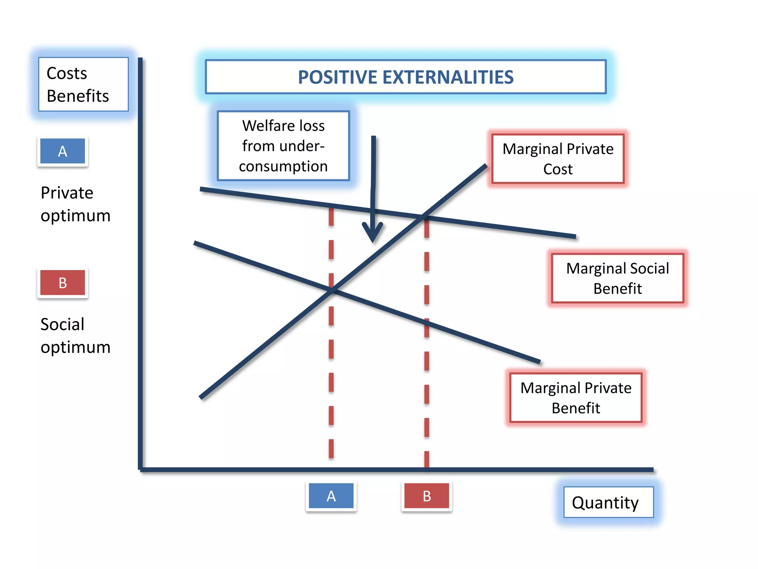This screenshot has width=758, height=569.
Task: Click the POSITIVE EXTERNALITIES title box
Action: point(406,77)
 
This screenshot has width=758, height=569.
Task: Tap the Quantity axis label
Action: point(608,502)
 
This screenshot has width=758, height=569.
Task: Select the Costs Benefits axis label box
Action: point(83,84)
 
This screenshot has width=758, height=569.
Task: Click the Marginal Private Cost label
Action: point(558,159)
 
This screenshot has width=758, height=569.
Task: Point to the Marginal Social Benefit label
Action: point(617,278)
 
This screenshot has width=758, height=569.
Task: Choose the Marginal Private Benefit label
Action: point(576,397)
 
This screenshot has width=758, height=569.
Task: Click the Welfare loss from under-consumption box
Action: point(283,146)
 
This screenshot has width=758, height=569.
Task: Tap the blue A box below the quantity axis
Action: point(331,496)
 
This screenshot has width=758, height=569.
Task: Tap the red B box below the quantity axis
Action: point(426,496)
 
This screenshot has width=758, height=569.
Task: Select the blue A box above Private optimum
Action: point(63,151)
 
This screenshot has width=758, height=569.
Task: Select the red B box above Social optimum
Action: point(63,283)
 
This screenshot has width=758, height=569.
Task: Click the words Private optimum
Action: point(75,204)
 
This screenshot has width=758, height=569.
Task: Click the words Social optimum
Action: point(75,336)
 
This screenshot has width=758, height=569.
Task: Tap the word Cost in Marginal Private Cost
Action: point(558,169)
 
